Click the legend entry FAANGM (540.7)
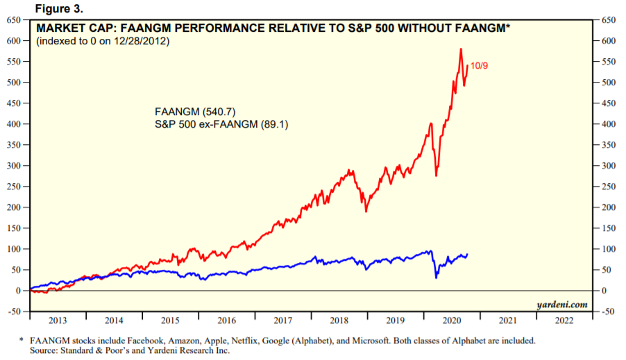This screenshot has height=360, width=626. pyautogui.click(x=187, y=112)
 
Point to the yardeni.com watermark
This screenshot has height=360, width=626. pyautogui.click(x=561, y=305)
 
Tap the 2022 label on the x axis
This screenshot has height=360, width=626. pyautogui.click(x=564, y=320)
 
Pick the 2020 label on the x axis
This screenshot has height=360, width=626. pyautogui.click(x=451, y=320)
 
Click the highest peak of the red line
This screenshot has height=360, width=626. pyautogui.click(x=460, y=49)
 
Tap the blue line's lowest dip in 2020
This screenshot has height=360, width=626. pyautogui.click(x=436, y=277)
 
